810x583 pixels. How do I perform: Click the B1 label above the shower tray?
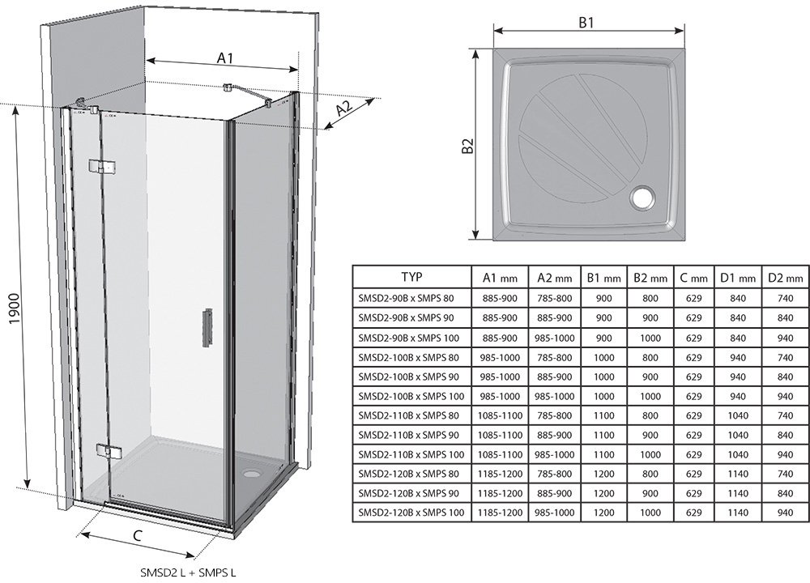pyautogui.click(x=587, y=23)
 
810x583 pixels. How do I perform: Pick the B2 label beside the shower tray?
pyautogui.click(x=467, y=147)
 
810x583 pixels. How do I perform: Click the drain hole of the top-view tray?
pyautogui.click(x=645, y=197)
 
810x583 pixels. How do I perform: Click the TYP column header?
pyautogui.click(x=411, y=277)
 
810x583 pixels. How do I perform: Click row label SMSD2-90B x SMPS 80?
pyautogui.click(x=411, y=298)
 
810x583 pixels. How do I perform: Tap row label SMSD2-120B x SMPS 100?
pyautogui.click(x=411, y=512)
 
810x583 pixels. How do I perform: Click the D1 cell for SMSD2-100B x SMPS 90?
pyautogui.click(x=738, y=376)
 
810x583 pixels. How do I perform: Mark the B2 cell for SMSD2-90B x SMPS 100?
pyautogui.click(x=649, y=337)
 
